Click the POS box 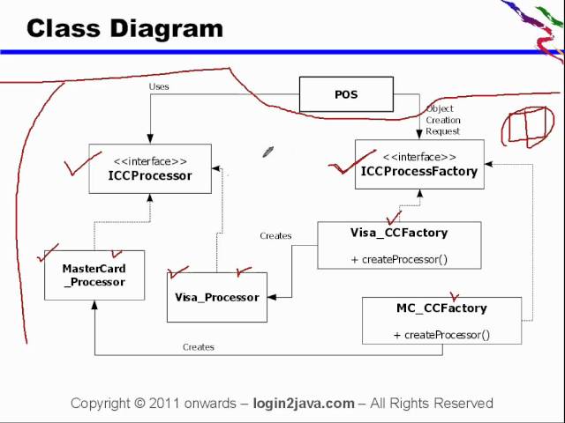[x=346, y=94]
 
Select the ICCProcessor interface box [x=149, y=168]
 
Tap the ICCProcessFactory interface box [x=418, y=165]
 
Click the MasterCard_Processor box [x=94, y=275]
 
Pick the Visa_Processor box [x=216, y=297]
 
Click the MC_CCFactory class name [x=441, y=308]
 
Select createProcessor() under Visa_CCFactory [x=399, y=259]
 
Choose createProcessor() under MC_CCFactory [x=441, y=335]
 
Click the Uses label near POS [x=159, y=86]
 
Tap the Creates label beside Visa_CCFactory [x=275, y=236]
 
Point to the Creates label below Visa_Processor [x=198, y=347]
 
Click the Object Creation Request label [x=442, y=120]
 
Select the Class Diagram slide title [x=124, y=28]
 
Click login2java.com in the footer [x=303, y=404]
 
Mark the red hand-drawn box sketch [x=528, y=128]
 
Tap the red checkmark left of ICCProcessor [x=82, y=164]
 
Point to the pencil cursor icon [x=267, y=152]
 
